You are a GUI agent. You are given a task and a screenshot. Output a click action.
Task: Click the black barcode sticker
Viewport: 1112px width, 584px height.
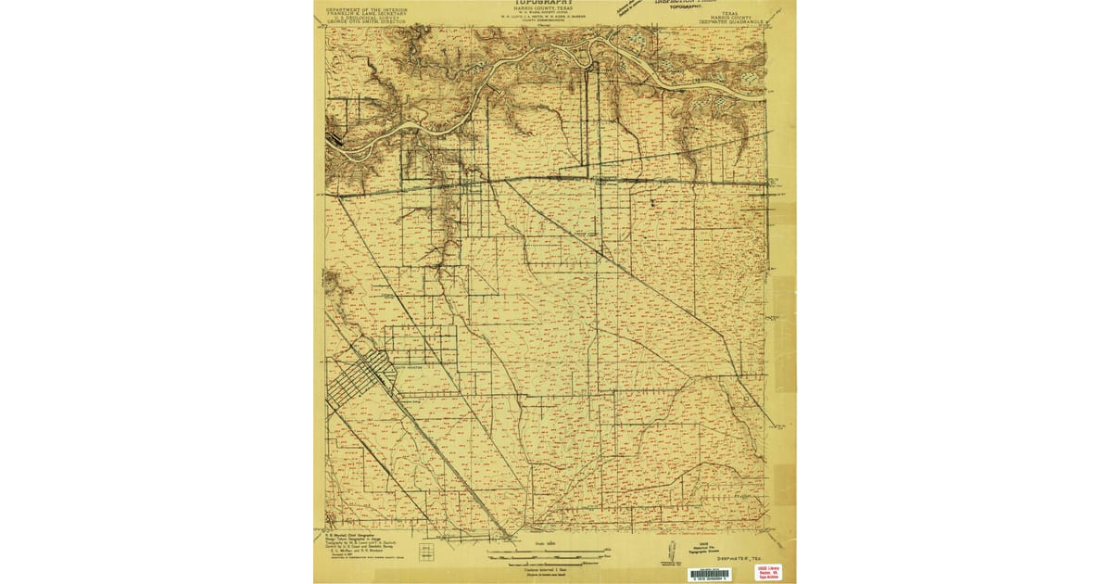click(708, 575)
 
